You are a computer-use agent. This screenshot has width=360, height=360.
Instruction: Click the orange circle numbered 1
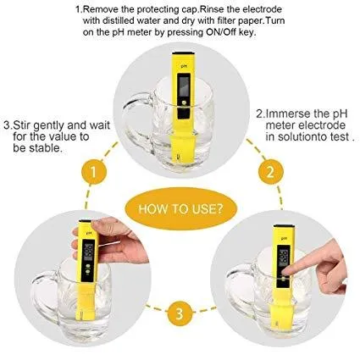(x=94, y=172)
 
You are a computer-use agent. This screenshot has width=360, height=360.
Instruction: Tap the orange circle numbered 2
(x=271, y=171)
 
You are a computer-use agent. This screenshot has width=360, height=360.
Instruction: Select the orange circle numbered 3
(x=180, y=313)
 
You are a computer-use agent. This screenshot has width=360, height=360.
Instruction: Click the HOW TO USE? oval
(x=180, y=209)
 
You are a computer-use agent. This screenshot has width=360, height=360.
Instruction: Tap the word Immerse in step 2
(x=288, y=114)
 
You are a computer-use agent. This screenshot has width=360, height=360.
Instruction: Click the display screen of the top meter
(x=184, y=85)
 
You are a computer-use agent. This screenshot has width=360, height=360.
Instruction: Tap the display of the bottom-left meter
(x=89, y=250)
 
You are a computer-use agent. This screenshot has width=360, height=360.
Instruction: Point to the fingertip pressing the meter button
(x=285, y=272)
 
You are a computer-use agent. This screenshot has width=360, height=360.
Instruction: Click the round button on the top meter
(x=184, y=102)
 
